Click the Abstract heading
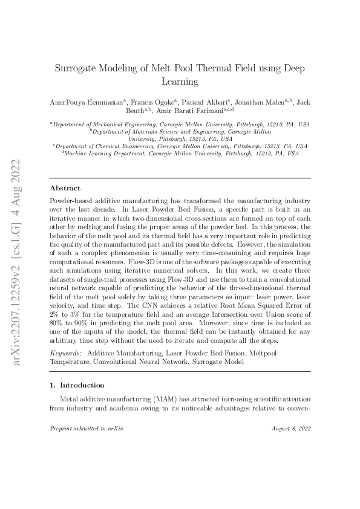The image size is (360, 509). coord(65,188)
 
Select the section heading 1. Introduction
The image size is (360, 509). coord(77,384)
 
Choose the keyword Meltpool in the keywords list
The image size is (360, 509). coord(293,352)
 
